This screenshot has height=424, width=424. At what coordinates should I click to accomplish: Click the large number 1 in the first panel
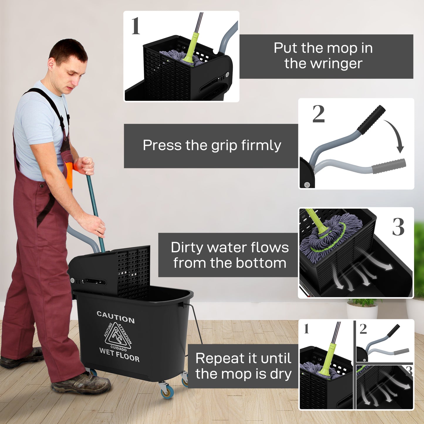click(x=136, y=26)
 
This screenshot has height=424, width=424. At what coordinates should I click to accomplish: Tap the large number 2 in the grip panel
click(x=318, y=114)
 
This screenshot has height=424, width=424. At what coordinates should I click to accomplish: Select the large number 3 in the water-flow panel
click(x=398, y=227)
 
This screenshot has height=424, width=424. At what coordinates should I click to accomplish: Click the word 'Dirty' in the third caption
click(x=187, y=247)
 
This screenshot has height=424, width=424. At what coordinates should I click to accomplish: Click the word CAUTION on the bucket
click(x=116, y=317)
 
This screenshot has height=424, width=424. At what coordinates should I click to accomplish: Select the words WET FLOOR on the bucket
click(x=119, y=354)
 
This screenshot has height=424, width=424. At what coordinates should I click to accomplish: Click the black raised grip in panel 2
click(x=371, y=120)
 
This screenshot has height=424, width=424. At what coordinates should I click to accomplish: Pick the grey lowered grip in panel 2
click(x=389, y=166)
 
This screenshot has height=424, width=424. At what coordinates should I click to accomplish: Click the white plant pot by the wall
click(x=362, y=311)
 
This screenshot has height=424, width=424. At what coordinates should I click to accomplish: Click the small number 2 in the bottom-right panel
click(x=363, y=329)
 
